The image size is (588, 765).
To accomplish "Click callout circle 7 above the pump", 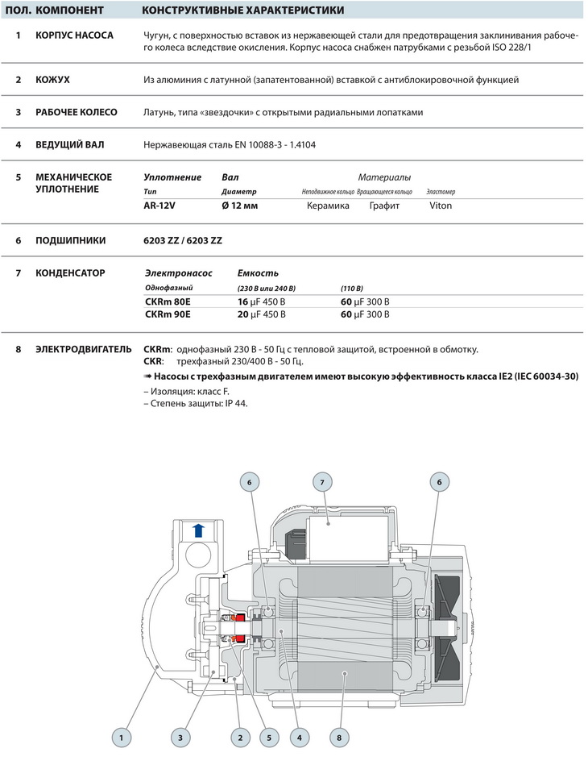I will click(x=322, y=482).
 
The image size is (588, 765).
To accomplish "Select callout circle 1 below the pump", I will click(x=121, y=736).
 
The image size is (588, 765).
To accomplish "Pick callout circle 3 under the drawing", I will click(x=180, y=736).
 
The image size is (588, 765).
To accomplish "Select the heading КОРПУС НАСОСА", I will click(x=74, y=35).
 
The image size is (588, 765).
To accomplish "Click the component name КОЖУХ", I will click(x=53, y=80).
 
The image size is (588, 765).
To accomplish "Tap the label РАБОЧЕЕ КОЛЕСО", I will click(x=77, y=112).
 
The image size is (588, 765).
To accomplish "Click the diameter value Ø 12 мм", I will click(x=239, y=206).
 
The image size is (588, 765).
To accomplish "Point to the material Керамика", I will click(x=328, y=206).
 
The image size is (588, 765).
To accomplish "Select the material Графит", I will click(x=384, y=206).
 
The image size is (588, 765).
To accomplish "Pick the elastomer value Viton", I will click(x=441, y=206).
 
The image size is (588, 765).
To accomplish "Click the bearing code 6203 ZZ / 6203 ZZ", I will click(x=182, y=241).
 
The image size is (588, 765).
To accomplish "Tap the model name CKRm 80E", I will click(x=168, y=301).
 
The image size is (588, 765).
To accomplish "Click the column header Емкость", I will click(x=258, y=273).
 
